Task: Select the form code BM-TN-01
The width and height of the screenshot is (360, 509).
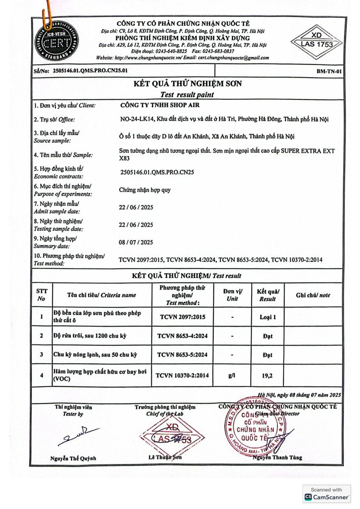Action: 329,71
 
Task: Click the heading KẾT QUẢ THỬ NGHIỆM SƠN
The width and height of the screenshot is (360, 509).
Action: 187,84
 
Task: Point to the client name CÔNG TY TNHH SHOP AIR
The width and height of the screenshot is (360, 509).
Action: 160,105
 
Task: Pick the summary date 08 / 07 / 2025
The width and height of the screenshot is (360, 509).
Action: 136,242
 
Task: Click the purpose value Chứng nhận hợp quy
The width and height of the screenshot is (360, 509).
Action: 145,190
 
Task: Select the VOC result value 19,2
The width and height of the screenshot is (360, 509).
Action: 267,375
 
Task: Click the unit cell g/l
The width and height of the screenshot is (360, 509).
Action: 232,375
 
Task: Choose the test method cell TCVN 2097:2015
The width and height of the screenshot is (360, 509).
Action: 183,316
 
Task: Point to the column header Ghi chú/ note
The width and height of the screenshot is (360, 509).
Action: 313,295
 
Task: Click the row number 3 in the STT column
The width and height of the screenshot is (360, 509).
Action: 42,355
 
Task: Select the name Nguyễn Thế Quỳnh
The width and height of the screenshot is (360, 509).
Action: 73,458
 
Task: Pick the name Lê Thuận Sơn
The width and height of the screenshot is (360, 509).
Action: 165,457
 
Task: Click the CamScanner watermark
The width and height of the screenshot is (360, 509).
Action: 327,494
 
